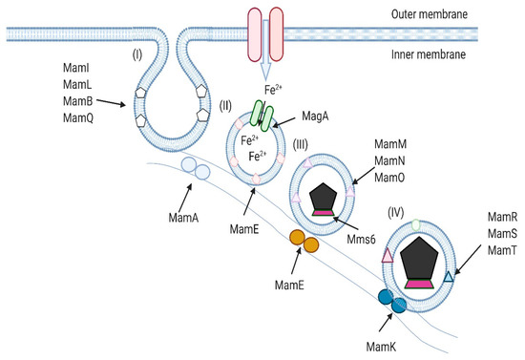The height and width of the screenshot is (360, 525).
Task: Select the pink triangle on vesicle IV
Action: coord(388,255)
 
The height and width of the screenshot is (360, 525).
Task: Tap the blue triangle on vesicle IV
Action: coord(449,278)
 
